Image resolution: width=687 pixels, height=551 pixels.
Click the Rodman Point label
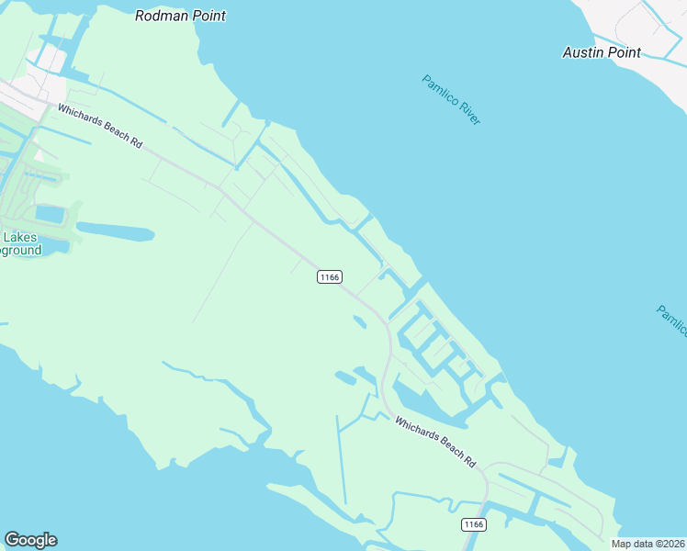(180, 16)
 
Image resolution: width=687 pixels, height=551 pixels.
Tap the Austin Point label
(602, 52)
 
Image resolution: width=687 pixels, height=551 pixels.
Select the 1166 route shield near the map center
(330, 276)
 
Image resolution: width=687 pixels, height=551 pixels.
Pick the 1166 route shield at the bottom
(473, 524)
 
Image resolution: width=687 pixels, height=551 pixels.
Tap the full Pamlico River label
(452, 99)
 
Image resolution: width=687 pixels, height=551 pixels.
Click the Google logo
(30, 540)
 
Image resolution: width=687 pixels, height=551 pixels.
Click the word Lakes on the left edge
(19, 237)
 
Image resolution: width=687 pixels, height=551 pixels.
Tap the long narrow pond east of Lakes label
(115, 230)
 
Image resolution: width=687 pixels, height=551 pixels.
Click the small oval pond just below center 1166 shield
(359, 321)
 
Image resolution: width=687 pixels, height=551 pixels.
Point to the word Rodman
(158, 16)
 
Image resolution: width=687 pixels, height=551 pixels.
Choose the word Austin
(582, 52)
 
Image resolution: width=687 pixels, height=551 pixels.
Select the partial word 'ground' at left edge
(20, 250)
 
